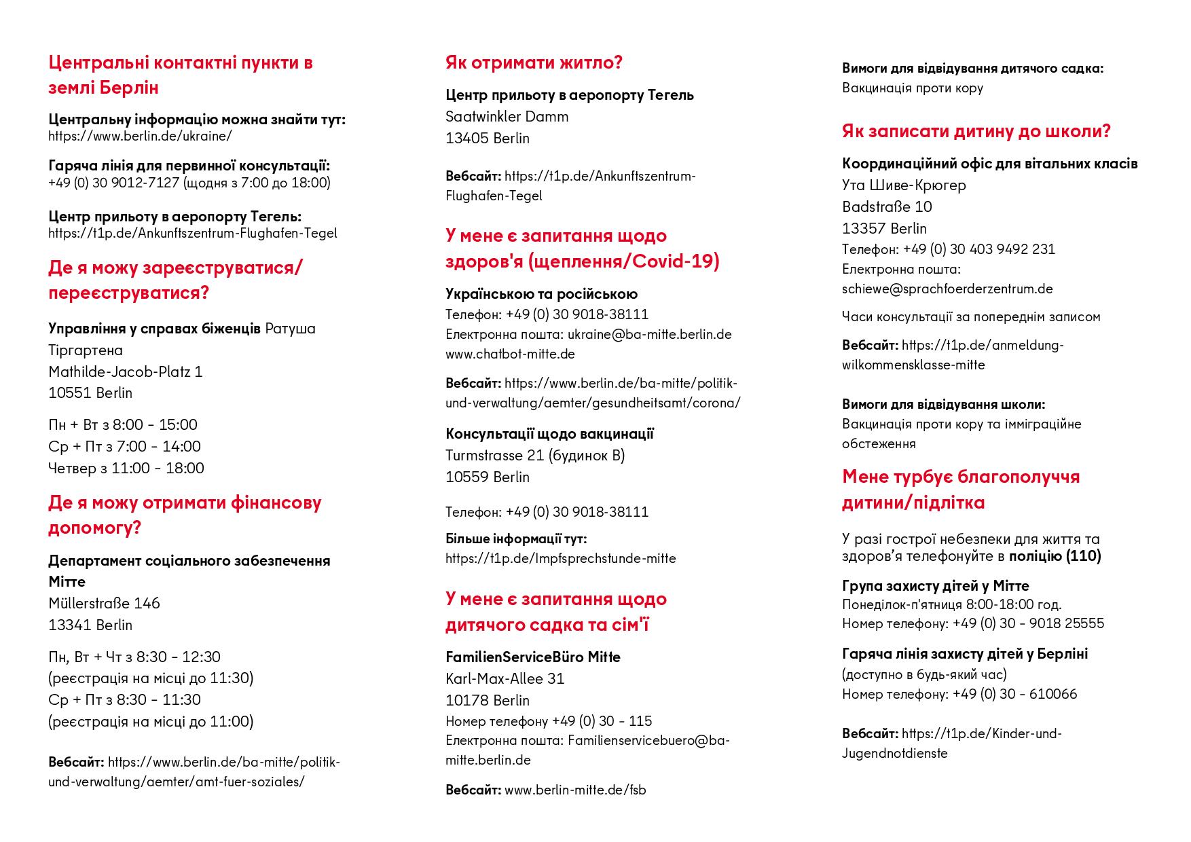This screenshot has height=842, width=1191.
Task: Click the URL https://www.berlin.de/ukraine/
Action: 140,136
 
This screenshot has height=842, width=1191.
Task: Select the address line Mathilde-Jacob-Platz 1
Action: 125,371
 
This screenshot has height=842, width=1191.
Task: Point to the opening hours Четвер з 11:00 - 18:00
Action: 126,468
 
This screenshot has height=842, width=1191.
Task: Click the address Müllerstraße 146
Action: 104,603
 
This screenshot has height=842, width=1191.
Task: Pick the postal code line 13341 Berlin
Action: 90,625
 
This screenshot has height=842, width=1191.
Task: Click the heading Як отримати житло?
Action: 534,62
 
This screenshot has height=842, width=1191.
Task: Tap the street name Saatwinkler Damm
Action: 507,116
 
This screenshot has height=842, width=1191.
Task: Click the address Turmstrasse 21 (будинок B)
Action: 535,455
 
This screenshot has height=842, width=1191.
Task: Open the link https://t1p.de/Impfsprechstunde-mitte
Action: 560,558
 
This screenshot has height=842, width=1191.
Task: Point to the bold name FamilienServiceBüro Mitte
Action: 532,657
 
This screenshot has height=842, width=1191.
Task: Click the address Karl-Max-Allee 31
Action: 505,678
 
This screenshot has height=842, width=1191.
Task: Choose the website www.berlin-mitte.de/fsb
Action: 575,790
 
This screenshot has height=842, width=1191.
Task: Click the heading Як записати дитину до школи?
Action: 976,130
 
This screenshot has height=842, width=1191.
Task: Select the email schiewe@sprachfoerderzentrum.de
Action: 947,289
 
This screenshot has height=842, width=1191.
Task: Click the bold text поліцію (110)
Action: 1055,556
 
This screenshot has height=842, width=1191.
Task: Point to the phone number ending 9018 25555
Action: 1028,623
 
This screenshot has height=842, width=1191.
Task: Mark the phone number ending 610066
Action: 1014,694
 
